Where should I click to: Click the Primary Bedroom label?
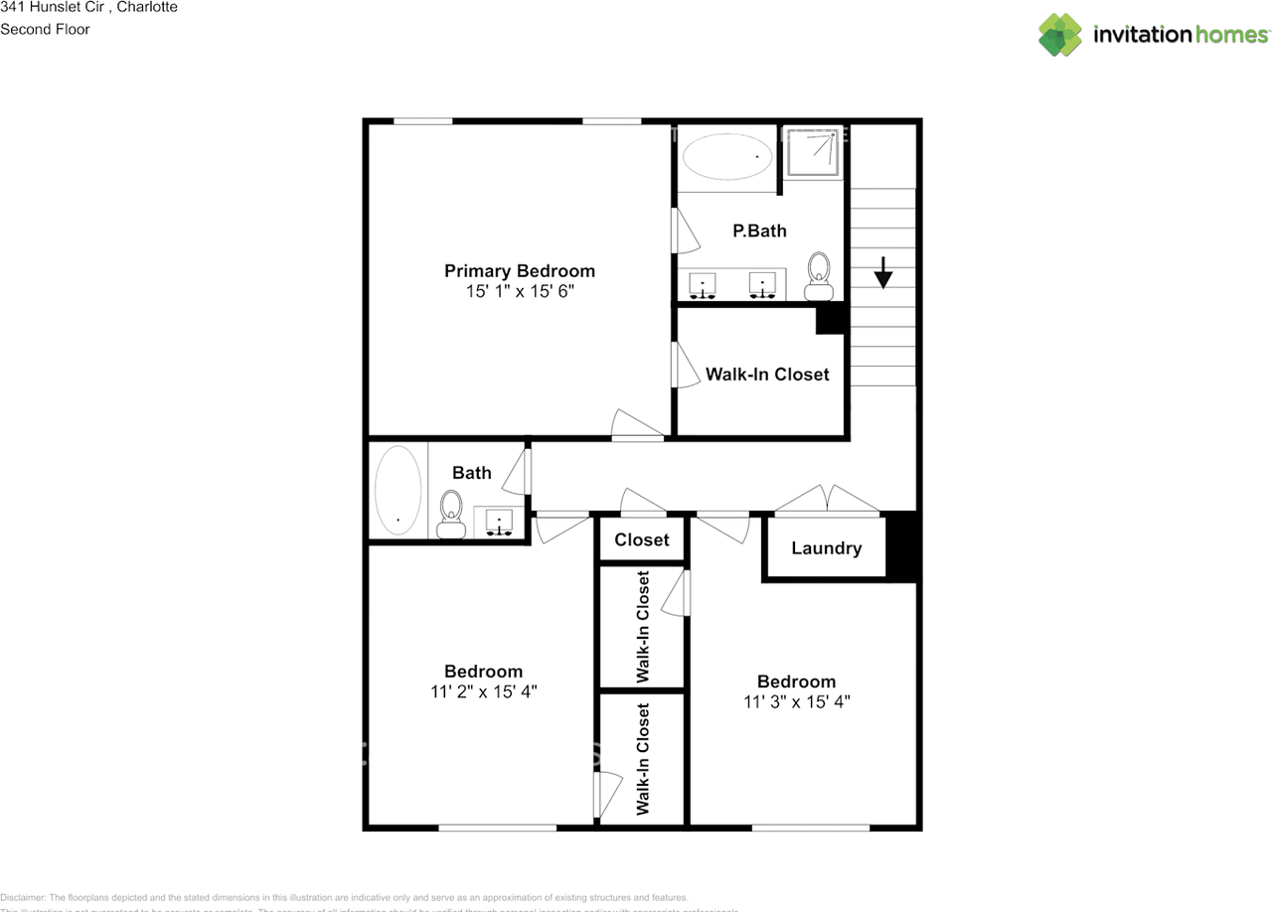(x=519, y=271)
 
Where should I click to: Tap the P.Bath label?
(x=759, y=230)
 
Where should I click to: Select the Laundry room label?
(x=826, y=547)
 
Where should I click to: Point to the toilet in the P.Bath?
(x=819, y=275)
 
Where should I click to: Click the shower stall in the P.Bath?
(x=814, y=152)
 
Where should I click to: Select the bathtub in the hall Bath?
(x=397, y=491)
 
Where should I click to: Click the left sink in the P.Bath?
(x=704, y=286)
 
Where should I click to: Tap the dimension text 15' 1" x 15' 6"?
(x=519, y=292)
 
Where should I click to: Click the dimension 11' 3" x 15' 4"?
(x=796, y=701)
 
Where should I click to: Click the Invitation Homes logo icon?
(x=1060, y=35)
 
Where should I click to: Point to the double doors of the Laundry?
(x=828, y=502)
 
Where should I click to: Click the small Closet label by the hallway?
(x=641, y=539)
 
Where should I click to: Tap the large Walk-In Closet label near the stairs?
(x=766, y=375)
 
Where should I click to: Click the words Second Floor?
(x=45, y=29)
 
